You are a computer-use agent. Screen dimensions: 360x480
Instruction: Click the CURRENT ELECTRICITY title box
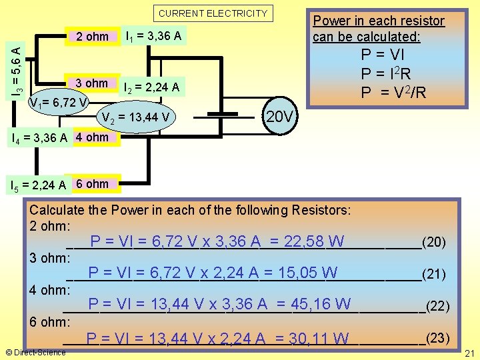[213, 13]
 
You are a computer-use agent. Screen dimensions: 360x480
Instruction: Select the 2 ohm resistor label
[92, 37]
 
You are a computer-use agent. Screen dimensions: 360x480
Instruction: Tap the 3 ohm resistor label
[92, 83]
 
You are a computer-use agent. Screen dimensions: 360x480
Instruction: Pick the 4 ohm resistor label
[92, 137]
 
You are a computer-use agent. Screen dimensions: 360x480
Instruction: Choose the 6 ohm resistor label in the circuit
[92, 183]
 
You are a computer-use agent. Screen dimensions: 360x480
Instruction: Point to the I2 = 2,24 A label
[151, 86]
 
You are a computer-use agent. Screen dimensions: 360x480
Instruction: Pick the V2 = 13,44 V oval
[137, 118]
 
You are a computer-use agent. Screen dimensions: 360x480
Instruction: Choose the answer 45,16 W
[321, 305]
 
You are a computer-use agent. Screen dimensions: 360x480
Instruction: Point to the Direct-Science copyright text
[35, 352]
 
